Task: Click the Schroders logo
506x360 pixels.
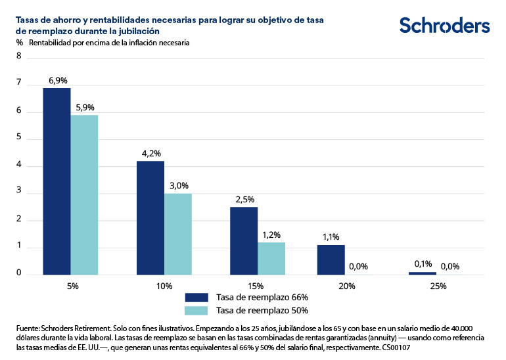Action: pyautogui.click(x=444, y=26)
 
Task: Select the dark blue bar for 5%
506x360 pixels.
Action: pyautogui.click(x=57, y=181)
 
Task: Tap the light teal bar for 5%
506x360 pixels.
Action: pyautogui.click(x=84, y=194)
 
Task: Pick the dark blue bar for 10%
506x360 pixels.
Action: pyautogui.click(x=150, y=217)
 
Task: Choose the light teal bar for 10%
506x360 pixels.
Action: pyautogui.click(x=177, y=234)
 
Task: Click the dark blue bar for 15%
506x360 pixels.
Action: pyautogui.click(x=244, y=240)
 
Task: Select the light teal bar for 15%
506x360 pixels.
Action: pyautogui.click(x=271, y=258)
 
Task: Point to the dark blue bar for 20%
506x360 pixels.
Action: pyautogui.click(x=331, y=259)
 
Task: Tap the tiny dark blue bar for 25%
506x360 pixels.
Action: pyautogui.click(x=422, y=273)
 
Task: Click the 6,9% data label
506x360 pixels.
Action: pyautogui.click(x=58, y=80)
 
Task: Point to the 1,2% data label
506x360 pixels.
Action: pyautogui.click(x=271, y=235)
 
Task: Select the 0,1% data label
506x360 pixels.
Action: pyautogui.click(x=422, y=264)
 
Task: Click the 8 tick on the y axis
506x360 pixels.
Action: pyautogui.click(x=19, y=56)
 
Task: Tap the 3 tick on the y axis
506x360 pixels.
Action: pyautogui.click(x=19, y=192)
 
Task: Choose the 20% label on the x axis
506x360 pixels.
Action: pyautogui.click(x=347, y=286)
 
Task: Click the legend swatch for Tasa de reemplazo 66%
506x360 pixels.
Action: pyautogui.click(x=196, y=297)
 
